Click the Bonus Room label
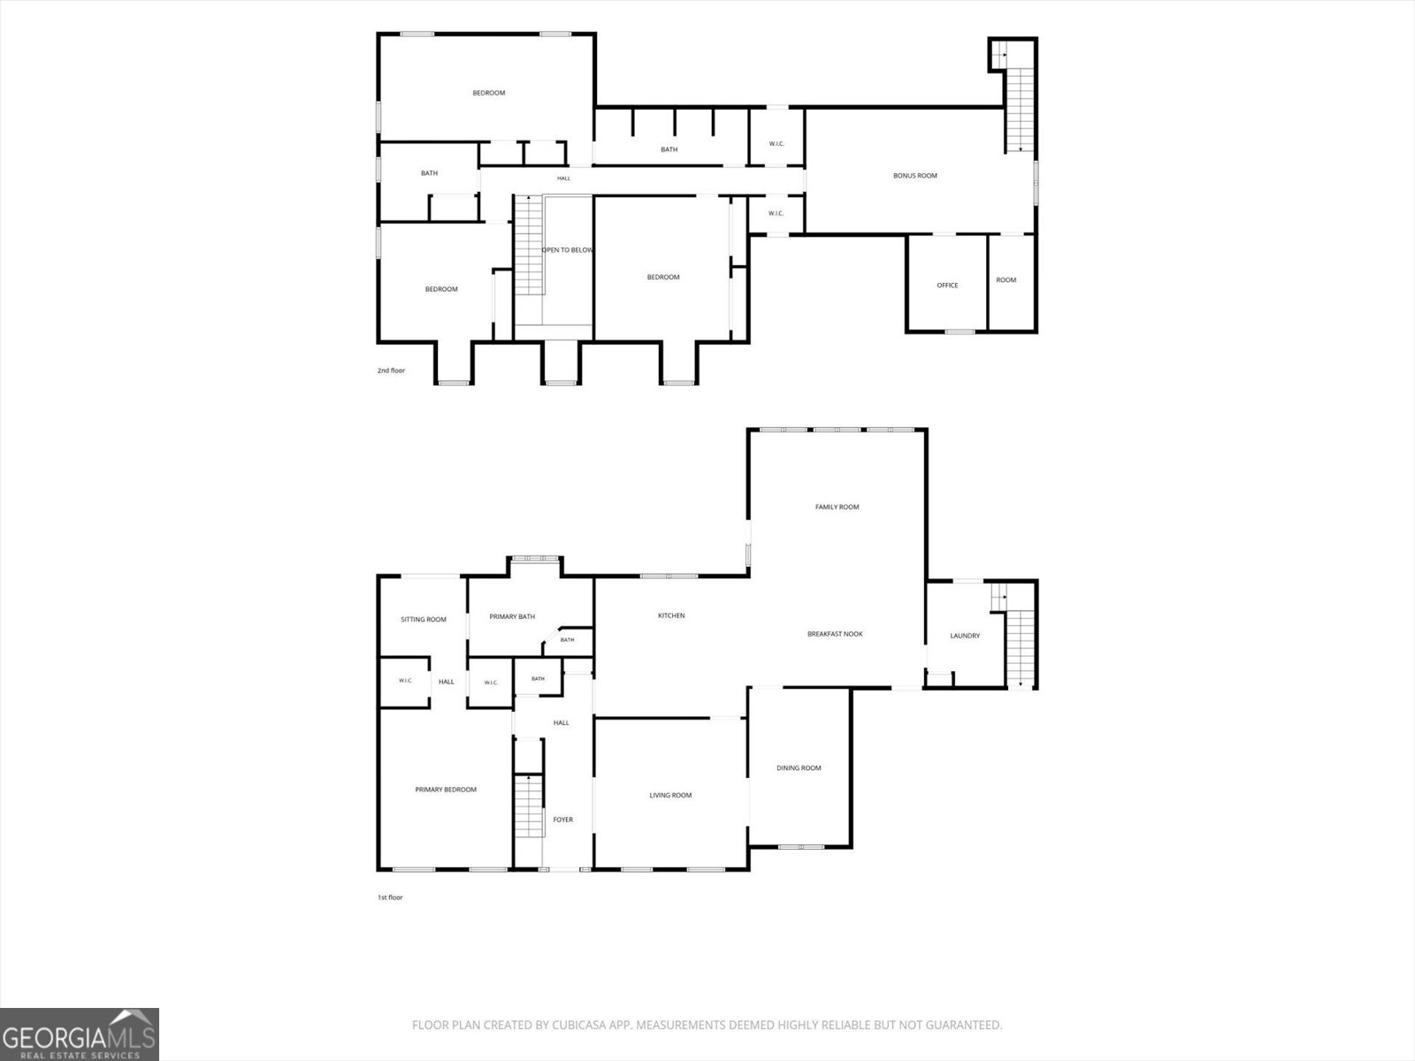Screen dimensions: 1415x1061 pos(914,176)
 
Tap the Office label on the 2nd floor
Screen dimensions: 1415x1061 pos(947,286)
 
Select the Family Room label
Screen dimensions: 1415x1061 pos(837,507)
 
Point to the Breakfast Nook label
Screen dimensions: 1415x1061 pos(835,634)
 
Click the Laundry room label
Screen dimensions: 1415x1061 pos(965,636)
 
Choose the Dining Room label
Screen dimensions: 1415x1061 pos(799,767)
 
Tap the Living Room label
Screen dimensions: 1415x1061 pos(670,795)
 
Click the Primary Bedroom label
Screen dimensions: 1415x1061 pos(446,790)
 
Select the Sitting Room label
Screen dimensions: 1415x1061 pos(424,619)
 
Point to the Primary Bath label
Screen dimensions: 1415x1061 pos(512,616)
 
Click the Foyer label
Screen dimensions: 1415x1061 pos(562,820)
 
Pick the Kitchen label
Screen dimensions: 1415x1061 pos(671,615)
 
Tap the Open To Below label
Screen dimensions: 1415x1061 pos(567,250)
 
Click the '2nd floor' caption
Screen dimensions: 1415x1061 pos(391,370)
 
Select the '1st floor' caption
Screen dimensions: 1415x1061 pos(390,897)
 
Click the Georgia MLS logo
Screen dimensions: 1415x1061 pos(80,1034)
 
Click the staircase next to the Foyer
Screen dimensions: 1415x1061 pos(529,806)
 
